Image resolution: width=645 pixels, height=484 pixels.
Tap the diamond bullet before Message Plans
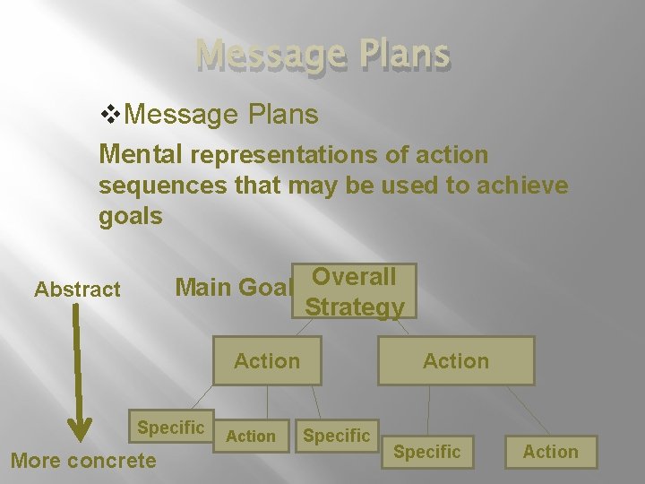point(113,115)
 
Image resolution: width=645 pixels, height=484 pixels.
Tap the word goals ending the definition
point(131,216)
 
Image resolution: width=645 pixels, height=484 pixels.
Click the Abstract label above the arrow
point(77,289)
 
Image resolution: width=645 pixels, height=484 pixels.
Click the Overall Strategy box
point(354,290)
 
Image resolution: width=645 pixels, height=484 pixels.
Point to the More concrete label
point(82,461)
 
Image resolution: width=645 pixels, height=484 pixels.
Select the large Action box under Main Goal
point(267,361)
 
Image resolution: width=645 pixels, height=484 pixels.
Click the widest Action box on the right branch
point(456,361)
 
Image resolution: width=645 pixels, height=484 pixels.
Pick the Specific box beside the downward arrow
point(170,428)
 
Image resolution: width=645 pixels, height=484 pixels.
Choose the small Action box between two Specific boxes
point(251,436)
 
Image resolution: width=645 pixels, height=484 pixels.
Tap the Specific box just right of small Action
point(336,436)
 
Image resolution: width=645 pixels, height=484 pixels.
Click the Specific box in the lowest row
point(427,452)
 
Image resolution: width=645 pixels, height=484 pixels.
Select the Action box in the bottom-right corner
point(550,452)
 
